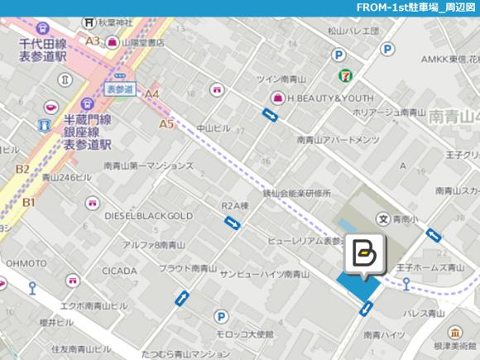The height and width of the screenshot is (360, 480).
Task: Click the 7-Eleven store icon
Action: click(341, 75)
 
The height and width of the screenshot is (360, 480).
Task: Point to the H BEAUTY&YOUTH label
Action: click(330, 98)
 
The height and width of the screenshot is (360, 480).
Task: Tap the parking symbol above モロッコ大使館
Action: click(221, 316)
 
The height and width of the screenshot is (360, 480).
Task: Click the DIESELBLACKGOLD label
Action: click(148, 216)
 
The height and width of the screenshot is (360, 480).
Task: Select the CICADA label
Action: click(119, 271)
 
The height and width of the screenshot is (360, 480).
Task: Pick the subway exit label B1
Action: click(29, 202)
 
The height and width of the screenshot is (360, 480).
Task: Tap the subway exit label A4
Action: click(151, 94)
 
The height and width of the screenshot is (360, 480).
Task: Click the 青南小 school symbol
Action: click(383, 219)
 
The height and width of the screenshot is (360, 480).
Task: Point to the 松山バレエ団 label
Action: click(353, 31)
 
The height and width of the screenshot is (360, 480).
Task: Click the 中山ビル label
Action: click(214, 128)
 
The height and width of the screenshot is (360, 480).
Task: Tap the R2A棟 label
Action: click(235, 205)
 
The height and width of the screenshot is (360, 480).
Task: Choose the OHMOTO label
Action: click(26, 263)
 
